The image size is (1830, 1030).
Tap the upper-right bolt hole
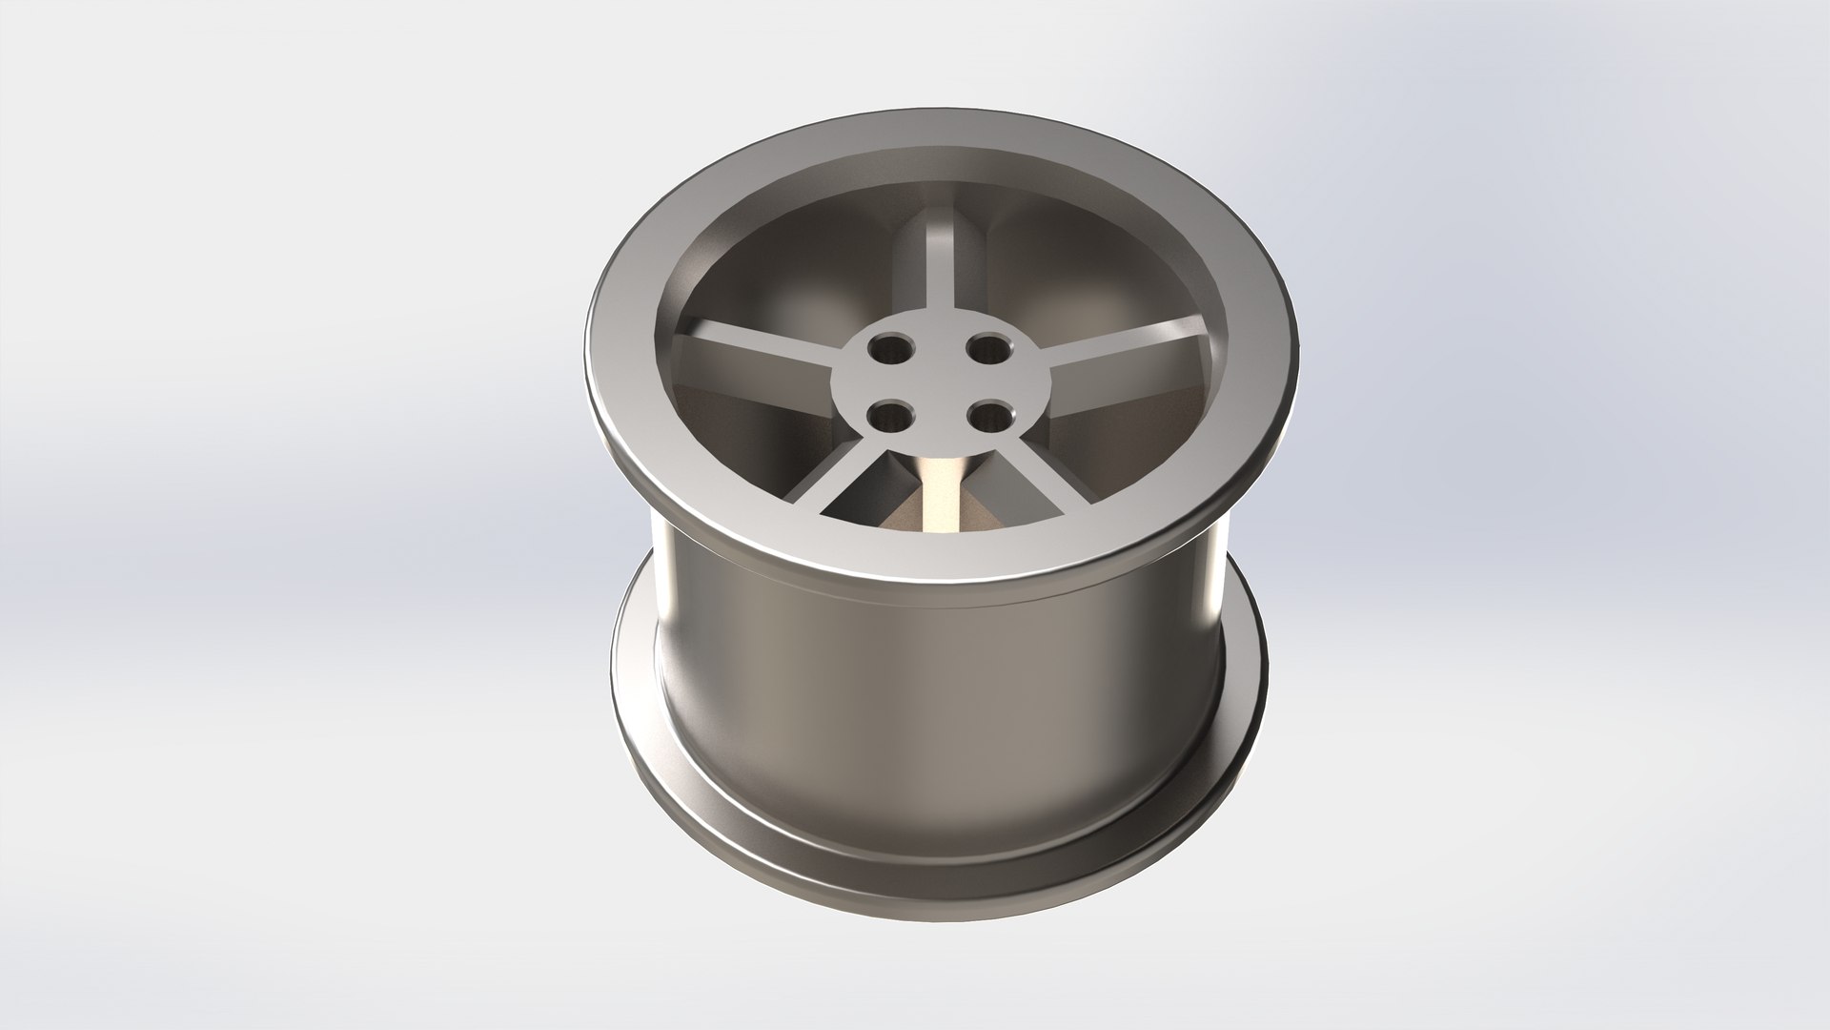(x=992, y=349)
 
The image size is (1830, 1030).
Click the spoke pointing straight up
(x=939, y=267)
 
